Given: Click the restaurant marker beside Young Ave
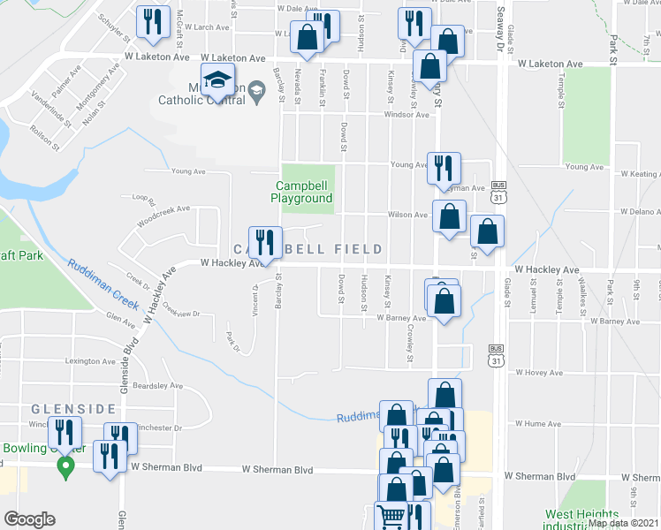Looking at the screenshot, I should click(x=443, y=167).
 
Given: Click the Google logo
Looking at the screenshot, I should click(x=29, y=519).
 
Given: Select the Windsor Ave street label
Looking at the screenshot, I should click(x=406, y=115).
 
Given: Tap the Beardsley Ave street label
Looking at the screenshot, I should click(x=157, y=386).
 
